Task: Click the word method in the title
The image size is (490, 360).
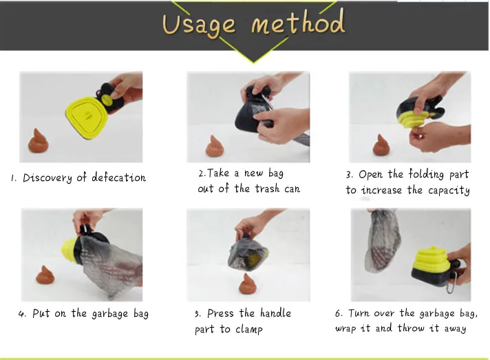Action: click(x=297, y=24)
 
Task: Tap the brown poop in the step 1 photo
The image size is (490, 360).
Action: click(x=39, y=140)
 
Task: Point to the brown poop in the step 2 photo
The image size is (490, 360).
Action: click(x=217, y=146)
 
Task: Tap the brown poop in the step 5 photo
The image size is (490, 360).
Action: click(x=248, y=283)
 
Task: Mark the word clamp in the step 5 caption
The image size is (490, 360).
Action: click(x=250, y=329)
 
